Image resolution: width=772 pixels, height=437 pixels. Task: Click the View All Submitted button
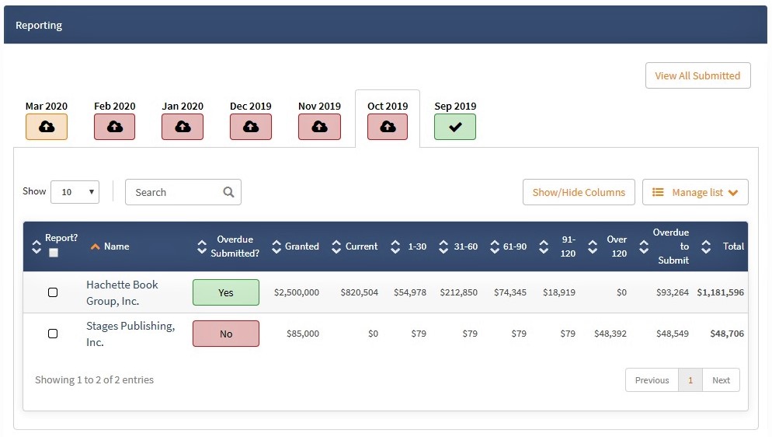(697, 75)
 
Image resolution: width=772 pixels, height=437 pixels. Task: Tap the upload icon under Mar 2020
(47, 127)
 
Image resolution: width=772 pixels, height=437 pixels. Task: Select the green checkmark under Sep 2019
(455, 127)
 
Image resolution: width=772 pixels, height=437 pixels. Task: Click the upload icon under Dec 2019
(251, 127)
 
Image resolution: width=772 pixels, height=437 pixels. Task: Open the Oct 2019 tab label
(388, 106)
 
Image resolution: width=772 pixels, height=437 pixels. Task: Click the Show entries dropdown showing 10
(75, 191)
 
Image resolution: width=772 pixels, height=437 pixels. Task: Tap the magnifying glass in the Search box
(228, 191)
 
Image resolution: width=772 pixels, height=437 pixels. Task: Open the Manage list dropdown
(695, 192)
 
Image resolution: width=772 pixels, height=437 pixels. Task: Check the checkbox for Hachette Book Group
(53, 292)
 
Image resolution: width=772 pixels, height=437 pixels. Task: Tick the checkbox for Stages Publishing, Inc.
(53, 334)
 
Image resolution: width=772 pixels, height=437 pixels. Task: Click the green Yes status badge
(226, 292)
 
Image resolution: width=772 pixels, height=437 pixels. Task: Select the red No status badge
(226, 334)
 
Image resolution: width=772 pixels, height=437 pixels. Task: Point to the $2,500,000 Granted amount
(297, 292)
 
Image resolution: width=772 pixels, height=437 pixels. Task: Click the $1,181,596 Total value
(720, 292)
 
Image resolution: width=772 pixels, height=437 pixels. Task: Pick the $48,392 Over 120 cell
(610, 334)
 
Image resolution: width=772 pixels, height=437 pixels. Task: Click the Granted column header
(302, 246)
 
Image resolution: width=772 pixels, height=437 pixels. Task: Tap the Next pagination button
(721, 380)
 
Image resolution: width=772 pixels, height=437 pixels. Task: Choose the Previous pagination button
(652, 380)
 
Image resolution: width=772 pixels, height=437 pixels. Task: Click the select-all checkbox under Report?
(54, 253)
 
